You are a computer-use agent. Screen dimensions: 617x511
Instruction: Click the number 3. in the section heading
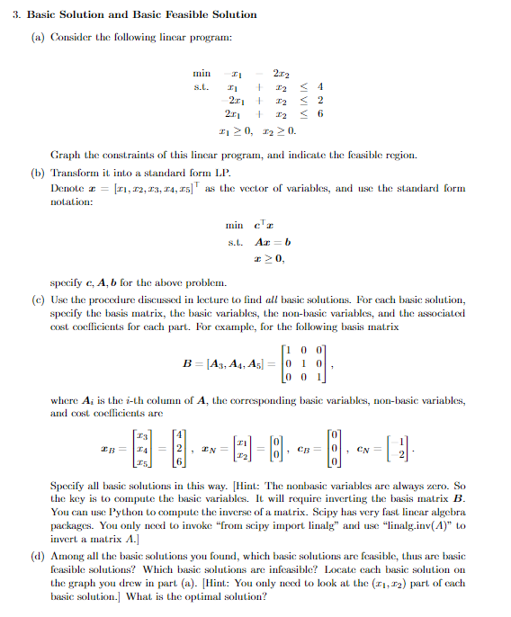pyautogui.click(x=17, y=14)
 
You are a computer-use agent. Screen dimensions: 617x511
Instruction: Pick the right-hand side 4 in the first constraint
pyautogui.click(x=320, y=87)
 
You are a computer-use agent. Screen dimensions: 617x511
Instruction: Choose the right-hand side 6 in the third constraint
pyautogui.click(x=320, y=114)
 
